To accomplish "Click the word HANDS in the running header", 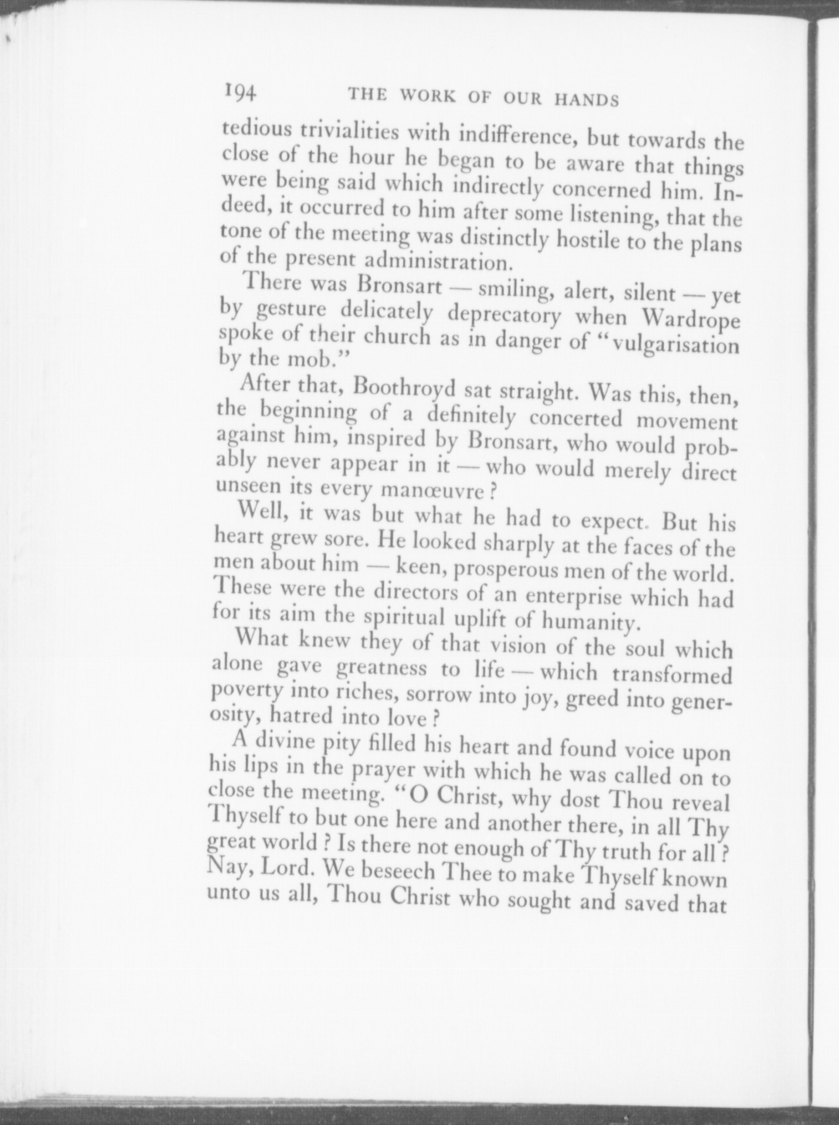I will pos(586,100).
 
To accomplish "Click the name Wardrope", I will pos(691,319).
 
